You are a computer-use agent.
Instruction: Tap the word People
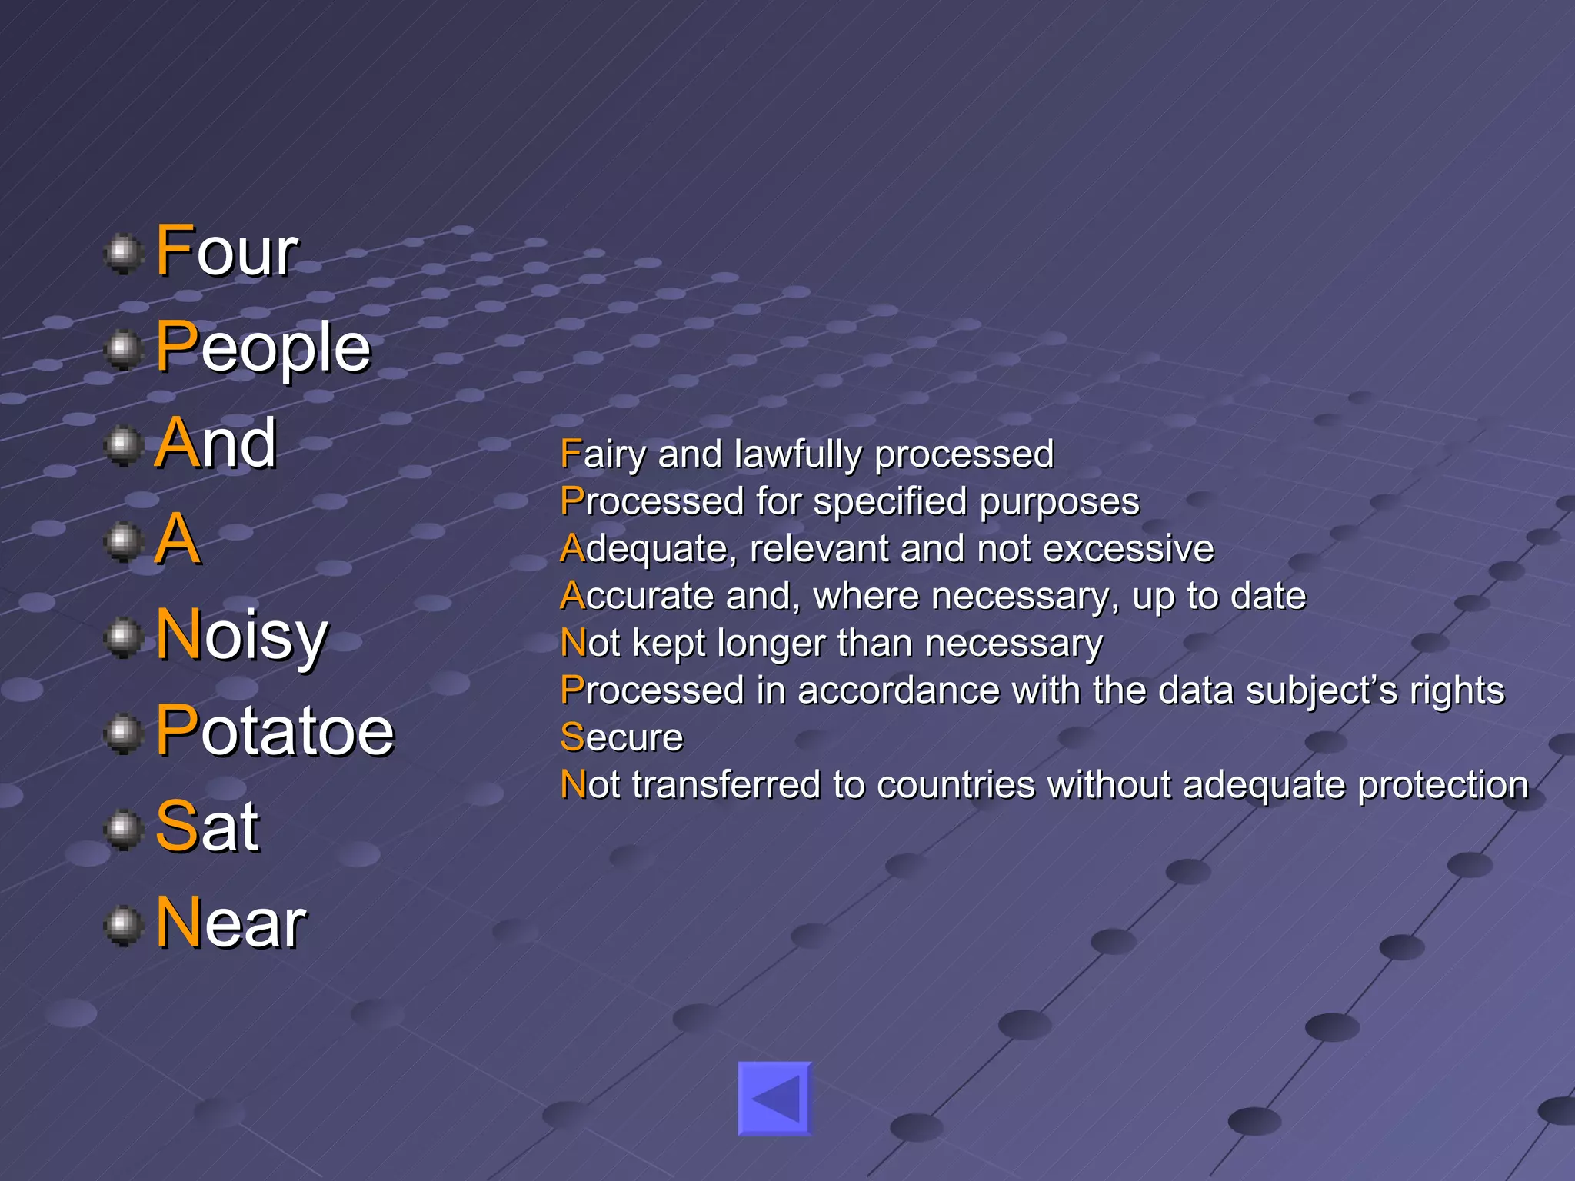coord(263,348)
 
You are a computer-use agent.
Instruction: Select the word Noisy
coord(241,636)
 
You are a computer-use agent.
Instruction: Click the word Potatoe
coord(275,730)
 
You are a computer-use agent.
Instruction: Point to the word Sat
coord(207,827)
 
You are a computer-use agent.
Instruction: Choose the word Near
coord(231,923)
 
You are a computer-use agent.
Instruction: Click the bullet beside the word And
coord(122,445)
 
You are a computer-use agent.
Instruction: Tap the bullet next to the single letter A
coord(122,541)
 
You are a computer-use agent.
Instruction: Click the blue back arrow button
coord(774,1099)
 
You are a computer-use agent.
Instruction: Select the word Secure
coord(621,738)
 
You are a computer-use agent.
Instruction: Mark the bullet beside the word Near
coord(122,925)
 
